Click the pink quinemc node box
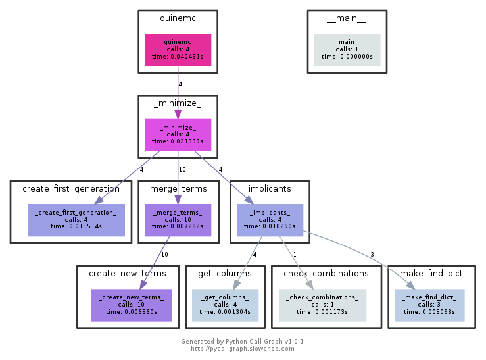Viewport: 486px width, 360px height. click(x=178, y=50)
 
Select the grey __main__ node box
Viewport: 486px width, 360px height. click(x=347, y=50)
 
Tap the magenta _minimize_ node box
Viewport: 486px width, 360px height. click(x=178, y=135)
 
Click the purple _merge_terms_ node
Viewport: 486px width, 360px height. click(x=178, y=220)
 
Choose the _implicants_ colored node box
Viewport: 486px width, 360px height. click(x=270, y=220)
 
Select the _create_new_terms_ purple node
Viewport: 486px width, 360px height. click(x=131, y=305)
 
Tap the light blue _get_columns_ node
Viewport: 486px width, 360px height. click(x=225, y=305)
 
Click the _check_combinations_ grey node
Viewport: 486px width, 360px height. click(x=322, y=305)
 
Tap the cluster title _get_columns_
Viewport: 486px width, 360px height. click(x=225, y=274)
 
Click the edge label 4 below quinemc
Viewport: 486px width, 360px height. click(x=181, y=84)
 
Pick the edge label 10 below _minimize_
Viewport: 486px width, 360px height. click(x=182, y=170)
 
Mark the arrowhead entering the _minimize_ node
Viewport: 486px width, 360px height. click(x=178, y=114)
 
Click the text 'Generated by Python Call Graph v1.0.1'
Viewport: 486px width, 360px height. click(x=242, y=342)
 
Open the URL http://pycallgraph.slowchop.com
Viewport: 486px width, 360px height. click(x=242, y=349)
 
